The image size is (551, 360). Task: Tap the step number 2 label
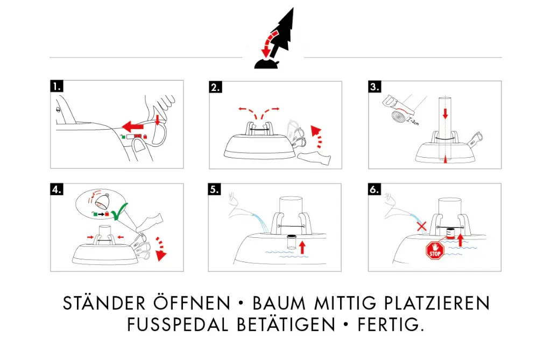(x=215, y=87)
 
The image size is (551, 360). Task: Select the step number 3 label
(x=375, y=87)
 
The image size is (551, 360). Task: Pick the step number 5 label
(x=215, y=189)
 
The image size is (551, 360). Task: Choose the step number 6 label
(x=375, y=189)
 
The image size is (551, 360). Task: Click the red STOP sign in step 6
(x=434, y=251)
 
